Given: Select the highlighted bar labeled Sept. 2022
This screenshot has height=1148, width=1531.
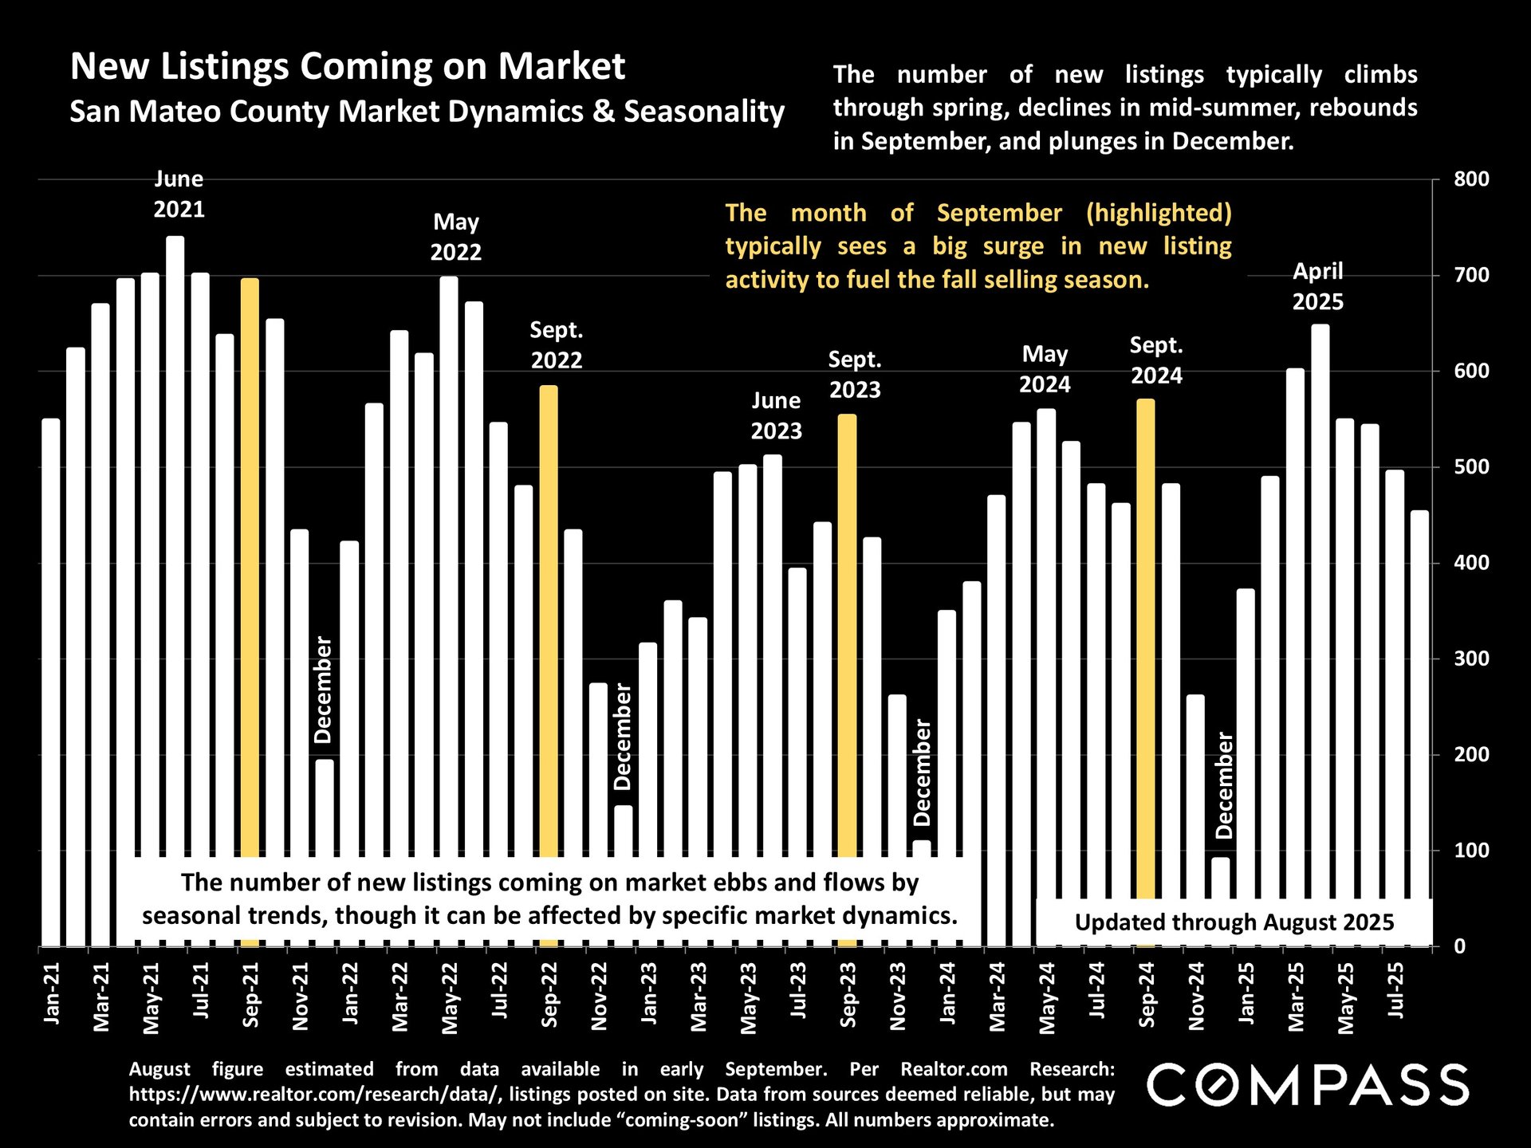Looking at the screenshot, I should point(549,622).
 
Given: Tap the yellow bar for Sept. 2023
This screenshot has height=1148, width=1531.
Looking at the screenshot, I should point(847,638).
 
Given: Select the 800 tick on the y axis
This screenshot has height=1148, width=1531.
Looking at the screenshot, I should point(1471,179).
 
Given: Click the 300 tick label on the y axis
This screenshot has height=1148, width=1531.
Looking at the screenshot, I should point(1471,659).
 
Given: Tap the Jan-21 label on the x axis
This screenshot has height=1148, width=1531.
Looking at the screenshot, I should point(52,993).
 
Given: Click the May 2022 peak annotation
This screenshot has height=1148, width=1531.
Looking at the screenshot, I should point(456,237).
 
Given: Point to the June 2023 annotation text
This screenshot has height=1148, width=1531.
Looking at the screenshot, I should point(776,415).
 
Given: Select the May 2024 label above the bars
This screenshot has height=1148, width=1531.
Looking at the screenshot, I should point(1045,369).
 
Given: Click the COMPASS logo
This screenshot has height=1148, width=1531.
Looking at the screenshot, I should point(1308,1085).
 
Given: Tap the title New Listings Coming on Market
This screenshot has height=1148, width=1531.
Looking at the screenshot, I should point(348,66).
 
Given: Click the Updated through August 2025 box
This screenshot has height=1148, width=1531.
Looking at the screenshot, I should point(1234,922).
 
